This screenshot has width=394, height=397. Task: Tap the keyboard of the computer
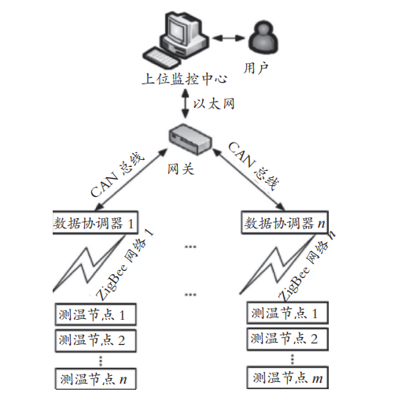[162, 58]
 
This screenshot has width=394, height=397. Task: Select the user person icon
[263, 38]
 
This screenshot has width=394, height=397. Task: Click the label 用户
[256, 69]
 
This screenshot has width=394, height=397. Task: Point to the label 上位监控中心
[185, 79]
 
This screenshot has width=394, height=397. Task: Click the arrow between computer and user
[229, 38]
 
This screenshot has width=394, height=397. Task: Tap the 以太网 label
[214, 104]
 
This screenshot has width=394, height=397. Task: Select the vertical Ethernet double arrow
[186, 104]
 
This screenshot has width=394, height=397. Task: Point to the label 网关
[181, 169]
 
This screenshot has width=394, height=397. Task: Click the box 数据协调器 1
[95, 222]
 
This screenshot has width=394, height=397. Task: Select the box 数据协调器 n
[285, 222]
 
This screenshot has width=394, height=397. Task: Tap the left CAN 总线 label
[116, 175]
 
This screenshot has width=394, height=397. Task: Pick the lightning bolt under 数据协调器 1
[89, 263]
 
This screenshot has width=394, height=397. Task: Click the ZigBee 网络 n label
[307, 266]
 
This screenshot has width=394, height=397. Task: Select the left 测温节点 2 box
[95, 340]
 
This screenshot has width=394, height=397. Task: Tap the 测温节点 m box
[288, 378]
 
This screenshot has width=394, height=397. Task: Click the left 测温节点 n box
[95, 379]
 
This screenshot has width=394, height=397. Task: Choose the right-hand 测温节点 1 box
[288, 313]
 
